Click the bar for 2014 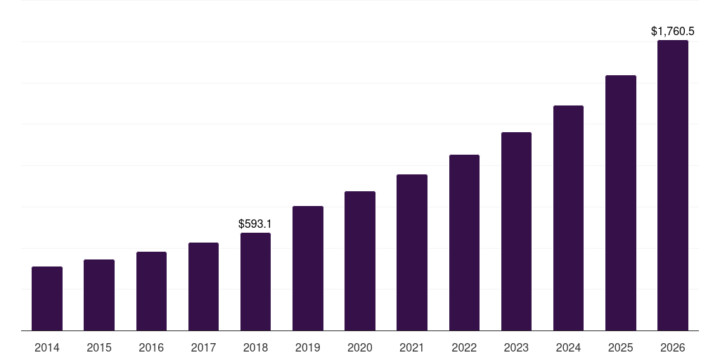click(x=47, y=299)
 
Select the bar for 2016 click(x=151, y=291)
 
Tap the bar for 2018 click(x=255, y=281)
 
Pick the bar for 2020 click(x=360, y=261)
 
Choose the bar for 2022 click(x=464, y=243)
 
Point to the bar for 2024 click(x=568, y=218)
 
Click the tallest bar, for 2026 click(x=672, y=186)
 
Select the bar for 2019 click(x=308, y=268)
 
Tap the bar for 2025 click(x=620, y=202)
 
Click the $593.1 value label click(x=255, y=224)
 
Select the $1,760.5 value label click(x=672, y=32)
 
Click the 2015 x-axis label click(x=99, y=347)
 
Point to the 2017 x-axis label click(x=203, y=347)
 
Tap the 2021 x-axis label click(x=412, y=347)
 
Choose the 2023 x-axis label click(x=516, y=347)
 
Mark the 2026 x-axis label click(x=672, y=347)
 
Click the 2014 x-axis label click(x=47, y=347)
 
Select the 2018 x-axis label click(x=255, y=347)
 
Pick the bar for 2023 click(x=516, y=231)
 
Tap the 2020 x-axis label click(x=360, y=347)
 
